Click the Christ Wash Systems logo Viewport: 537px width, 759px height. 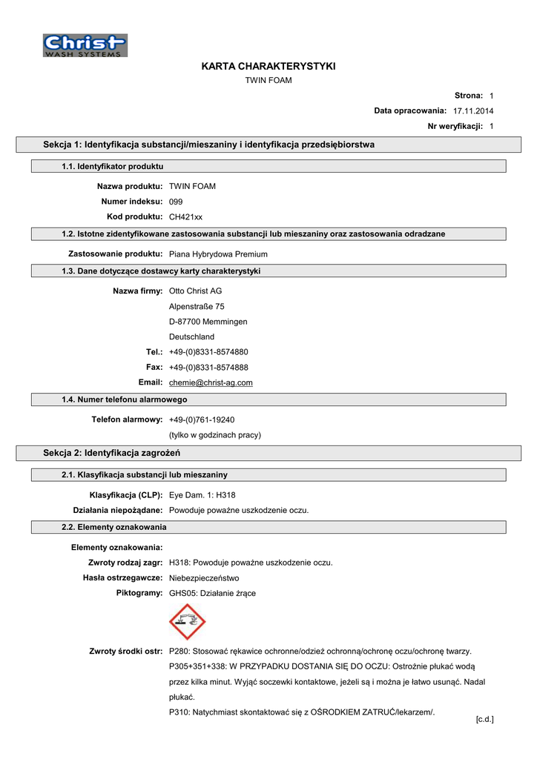tap(85, 45)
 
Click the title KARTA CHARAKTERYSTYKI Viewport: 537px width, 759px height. tap(268, 66)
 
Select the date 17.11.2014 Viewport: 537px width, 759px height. tap(473, 110)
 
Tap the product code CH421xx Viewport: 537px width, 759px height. tap(185, 216)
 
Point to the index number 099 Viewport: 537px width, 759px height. tap(176, 202)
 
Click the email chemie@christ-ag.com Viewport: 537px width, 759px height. tap(211, 382)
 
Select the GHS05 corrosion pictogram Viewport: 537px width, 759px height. tap(187, 621)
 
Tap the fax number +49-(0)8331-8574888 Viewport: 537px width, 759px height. tap(208, 367)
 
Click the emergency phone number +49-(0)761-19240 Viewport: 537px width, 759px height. tap(202, 420)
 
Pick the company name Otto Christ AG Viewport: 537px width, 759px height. tap(195, 291)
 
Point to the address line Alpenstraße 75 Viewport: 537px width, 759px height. tap(197, 306)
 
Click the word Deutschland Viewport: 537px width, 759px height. tap(191, 337)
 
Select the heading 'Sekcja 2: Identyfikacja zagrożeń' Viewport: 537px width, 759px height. tap(112, 452)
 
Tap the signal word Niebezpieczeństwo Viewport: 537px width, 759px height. tap(204, 577)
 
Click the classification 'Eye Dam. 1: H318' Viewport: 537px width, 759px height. tap(202, 494)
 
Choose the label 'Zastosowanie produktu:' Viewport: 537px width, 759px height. tap(115, 253)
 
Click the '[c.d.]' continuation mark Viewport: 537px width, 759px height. tap(484, 719)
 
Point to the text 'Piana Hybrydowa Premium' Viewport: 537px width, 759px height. tap(218, 253)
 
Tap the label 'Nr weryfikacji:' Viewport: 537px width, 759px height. tap(455, 126)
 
